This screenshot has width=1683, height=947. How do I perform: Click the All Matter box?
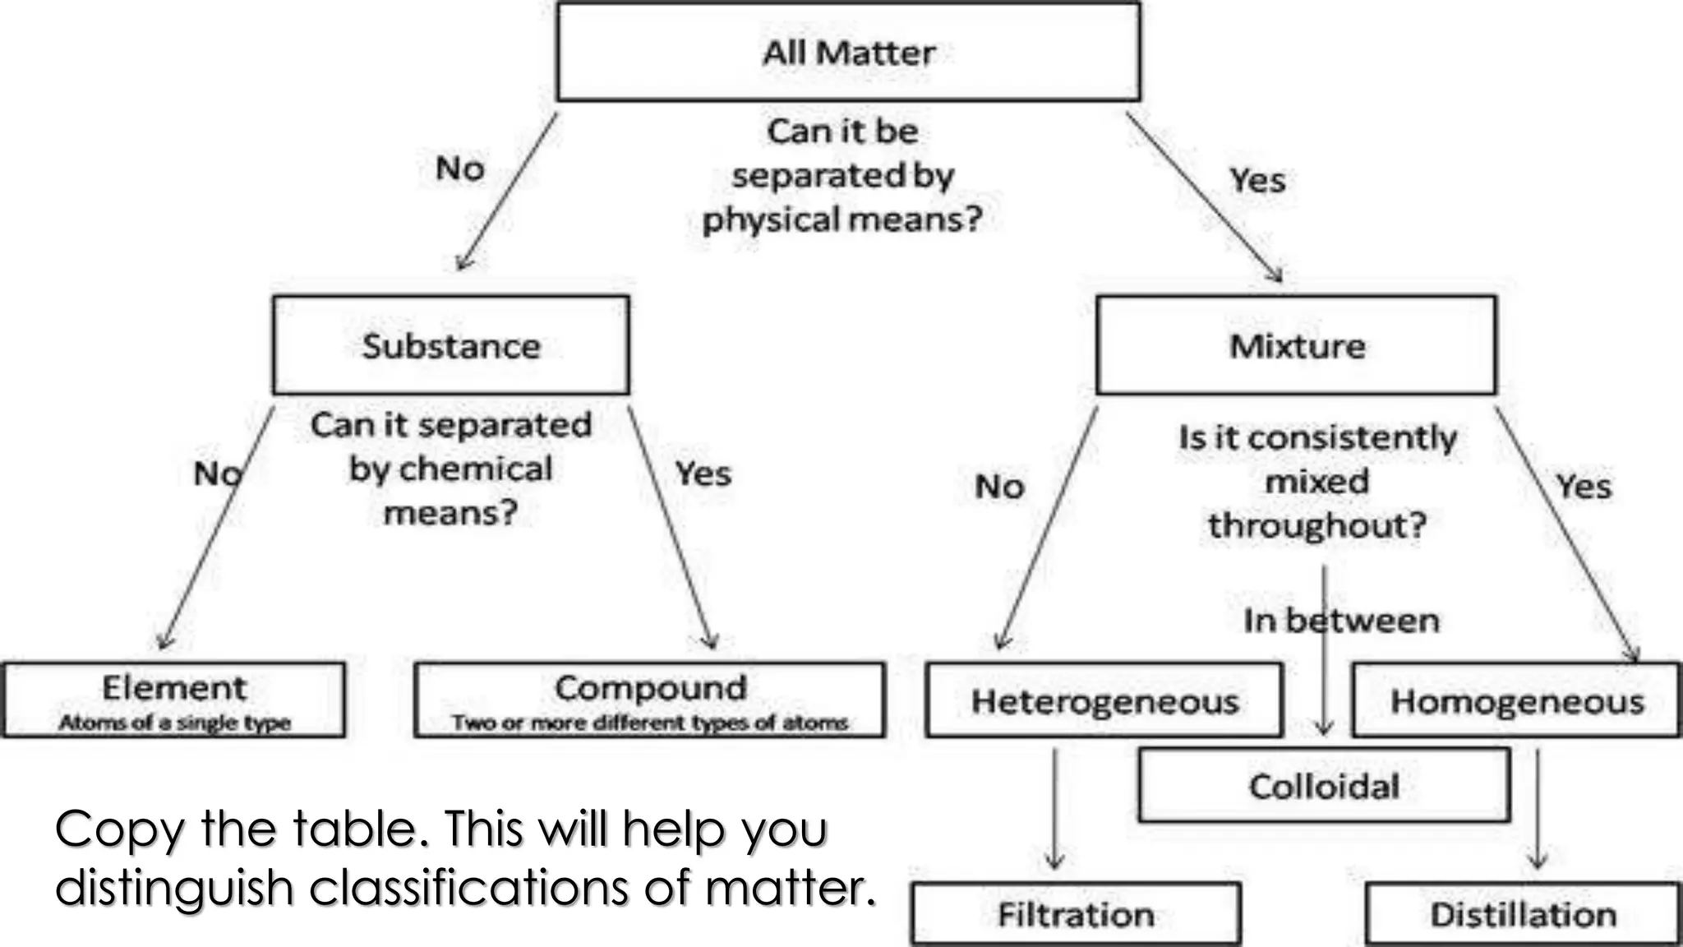[848, 52]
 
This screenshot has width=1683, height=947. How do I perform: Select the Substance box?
[451, 345]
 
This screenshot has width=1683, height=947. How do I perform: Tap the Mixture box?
[1297, 345]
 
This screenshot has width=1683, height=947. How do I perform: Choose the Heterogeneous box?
[1104, 701]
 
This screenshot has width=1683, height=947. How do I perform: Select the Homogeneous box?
[1516, 701]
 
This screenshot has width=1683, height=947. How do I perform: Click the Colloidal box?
[1324, 786]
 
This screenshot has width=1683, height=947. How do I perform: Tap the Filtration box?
[1076, 914]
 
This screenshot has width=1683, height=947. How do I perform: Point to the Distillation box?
[1523, 914]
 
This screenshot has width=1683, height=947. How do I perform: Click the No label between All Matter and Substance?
[460, 169]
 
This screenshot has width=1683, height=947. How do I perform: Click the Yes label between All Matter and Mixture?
[1256, 180]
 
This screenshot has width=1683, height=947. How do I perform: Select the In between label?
[1341, 621]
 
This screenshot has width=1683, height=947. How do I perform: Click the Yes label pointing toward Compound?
[703, 473]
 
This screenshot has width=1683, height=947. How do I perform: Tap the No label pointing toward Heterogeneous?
[999, 487]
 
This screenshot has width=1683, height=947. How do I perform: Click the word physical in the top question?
[771, 219]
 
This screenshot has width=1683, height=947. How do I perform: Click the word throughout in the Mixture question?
[1316, 525]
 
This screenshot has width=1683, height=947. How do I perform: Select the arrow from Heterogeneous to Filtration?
[1055, 810]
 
